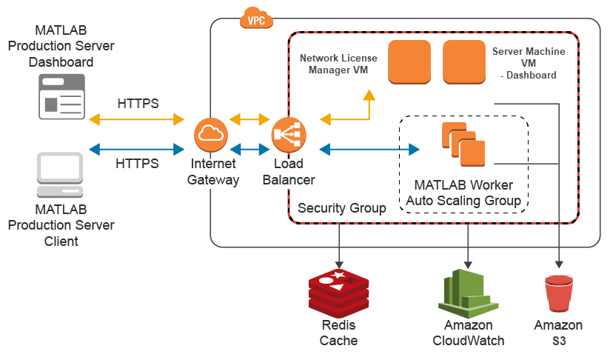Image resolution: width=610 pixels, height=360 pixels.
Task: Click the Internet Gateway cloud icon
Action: coord(210,134)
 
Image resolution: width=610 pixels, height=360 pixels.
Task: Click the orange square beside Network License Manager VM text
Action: coord(410,62)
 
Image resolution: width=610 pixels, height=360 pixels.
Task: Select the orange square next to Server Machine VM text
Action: coord(464,62)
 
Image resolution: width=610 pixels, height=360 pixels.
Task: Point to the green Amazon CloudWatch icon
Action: coord(466,293)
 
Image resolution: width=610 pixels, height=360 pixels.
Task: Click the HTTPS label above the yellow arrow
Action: coord(138,103)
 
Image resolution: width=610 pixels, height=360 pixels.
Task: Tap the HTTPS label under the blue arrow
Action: coord(138,164)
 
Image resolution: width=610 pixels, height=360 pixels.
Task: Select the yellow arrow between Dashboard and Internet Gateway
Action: coord(136,119)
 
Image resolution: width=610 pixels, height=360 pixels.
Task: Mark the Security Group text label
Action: coord(341,209)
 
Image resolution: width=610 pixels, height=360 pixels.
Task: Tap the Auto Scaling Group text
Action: coord(463,200)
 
